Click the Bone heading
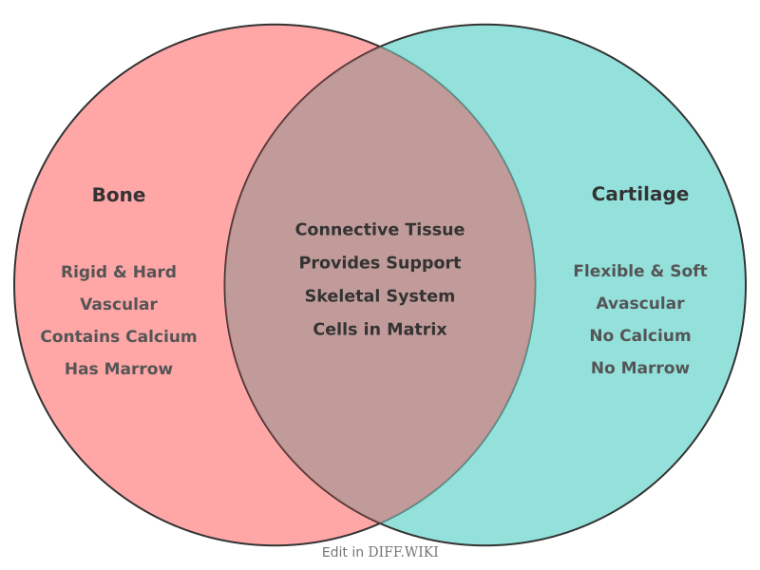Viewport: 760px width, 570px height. point(119,195)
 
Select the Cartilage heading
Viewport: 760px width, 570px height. point(639,194)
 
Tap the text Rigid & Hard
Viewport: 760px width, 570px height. point(119,272)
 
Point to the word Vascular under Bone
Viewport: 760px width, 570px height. point(119,304)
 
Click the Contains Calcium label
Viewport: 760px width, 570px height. point(119,336)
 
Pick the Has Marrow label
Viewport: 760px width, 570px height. point(119,369)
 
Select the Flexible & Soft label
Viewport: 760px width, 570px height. point(639,271)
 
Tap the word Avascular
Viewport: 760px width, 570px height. point(639,303)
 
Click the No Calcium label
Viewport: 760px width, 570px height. point(639,335)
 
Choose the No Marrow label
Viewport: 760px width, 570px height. point(639,368)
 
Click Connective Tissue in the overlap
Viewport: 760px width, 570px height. point(380,229)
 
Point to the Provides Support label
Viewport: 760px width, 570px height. point(380,262)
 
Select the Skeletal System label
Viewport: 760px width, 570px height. point(380,295)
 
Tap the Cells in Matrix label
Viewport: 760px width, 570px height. point(380,329)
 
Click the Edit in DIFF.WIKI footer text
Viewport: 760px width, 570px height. point(380,552)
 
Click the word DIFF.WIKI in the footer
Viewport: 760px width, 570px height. point(403,552)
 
